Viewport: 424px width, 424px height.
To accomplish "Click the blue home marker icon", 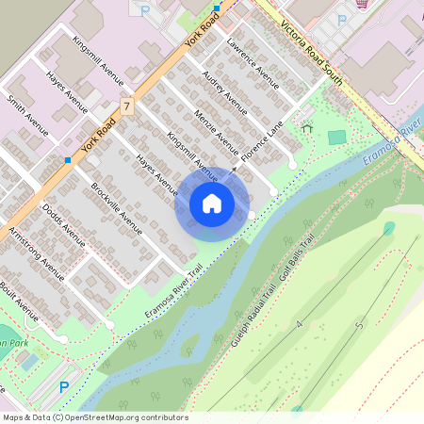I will [x=212, y=204].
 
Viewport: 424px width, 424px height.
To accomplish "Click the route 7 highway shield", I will [x=125, y=106].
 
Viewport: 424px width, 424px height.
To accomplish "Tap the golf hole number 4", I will [x=300, y=324].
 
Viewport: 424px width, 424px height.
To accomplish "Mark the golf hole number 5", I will [x=359, y=327].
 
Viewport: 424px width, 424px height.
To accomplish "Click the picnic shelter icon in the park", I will [x=306, y=125].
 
